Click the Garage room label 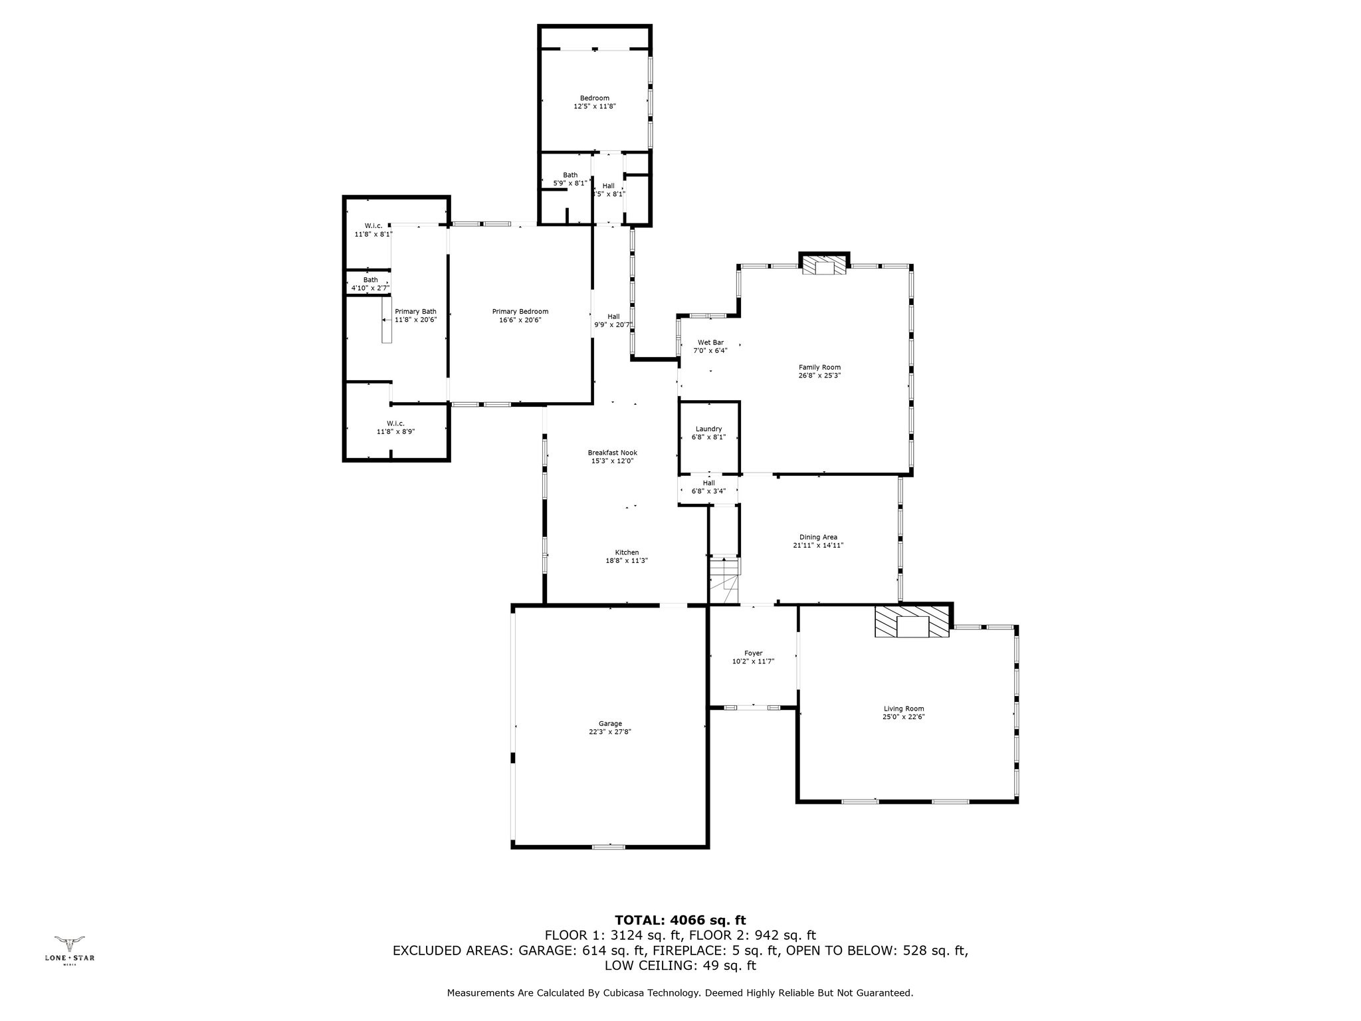click(609, 724)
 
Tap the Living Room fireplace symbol click(912, 623)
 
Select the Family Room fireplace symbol click(824, 266)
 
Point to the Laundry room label click(708, 429)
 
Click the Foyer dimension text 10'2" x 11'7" click(753, 661)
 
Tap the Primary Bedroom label click(520, 312)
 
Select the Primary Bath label click(415, 312)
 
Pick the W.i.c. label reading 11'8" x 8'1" click(372, 230)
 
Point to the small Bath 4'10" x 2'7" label click(370, 284)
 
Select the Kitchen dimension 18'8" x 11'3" click(627, 561)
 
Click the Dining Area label click(818, 537)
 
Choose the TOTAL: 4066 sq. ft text click(680, 921)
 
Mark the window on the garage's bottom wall click(609, 847)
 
